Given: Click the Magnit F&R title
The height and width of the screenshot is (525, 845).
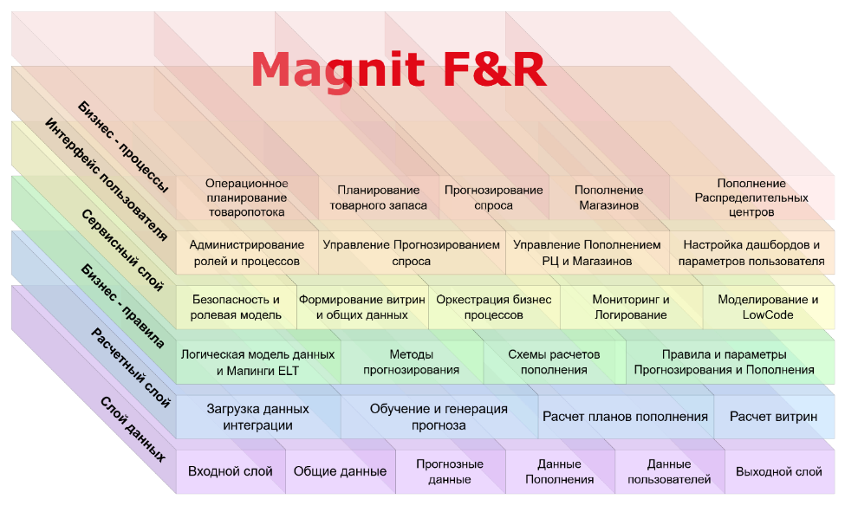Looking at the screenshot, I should pyautogui.click(x=398, y=69).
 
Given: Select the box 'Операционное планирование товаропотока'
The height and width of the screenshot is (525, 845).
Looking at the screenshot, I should pyautogui.click(x=247, y=198).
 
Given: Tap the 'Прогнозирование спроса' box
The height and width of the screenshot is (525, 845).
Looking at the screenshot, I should pyautogui.click(x=493, y=198).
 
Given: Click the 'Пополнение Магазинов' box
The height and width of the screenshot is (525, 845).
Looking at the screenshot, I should pyautogui.click(x=608, y=198).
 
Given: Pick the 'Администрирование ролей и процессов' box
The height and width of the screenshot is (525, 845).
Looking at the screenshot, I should pyautogui.click(x=247, y=253).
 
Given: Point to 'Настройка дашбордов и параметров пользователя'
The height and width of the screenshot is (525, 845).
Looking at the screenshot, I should pyautogui.click(x=751, y=253).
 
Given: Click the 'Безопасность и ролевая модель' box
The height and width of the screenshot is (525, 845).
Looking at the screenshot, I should pyautogui.click(x=236, y=308).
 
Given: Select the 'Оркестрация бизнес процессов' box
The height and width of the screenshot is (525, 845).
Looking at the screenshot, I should pyautogui.click(x=493, y=308).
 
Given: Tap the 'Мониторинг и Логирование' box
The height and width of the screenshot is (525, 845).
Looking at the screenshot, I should pyautogui.click(x=630, y=308).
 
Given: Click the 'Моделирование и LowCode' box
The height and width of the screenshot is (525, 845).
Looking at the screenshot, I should pyautogui.click(x=768, y=308).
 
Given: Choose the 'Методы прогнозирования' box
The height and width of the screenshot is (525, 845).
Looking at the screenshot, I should pyautogui.click(x=412, y=362).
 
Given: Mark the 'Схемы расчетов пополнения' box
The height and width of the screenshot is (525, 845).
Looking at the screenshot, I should pyautogui.click(x=554, y=362).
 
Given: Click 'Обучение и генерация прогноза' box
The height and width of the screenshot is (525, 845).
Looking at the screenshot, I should pyautogui.click(x=439, y=417).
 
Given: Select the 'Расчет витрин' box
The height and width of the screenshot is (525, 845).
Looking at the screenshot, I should pyautogui.click(x=773, y=417).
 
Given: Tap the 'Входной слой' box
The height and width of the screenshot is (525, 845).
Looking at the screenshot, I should pyautogui.click(x=231, y=471).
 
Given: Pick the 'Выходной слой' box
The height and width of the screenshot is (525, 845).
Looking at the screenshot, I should pyautogui.click(x=778, y=471).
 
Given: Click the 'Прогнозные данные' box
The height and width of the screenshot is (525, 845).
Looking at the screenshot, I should pyautogui.click(x=450, y=471).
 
